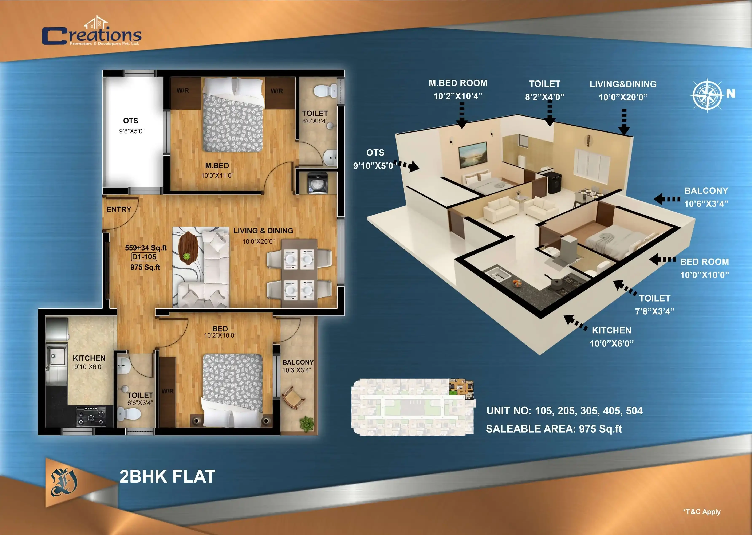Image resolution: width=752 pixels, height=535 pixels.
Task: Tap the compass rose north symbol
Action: point(707,95)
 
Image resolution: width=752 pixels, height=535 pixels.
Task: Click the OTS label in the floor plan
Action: point(131,121)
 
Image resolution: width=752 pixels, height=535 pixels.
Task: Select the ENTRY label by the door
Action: point(119,209)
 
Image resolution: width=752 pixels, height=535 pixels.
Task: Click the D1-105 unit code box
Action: point(144,257)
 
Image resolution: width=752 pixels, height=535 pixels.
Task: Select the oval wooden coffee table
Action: point(188,248)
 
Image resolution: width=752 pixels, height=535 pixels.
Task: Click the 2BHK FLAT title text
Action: point(167,476)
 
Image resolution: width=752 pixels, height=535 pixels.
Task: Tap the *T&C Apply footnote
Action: point(702,512)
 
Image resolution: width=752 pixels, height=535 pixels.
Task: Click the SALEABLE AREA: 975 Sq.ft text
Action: point(554,429)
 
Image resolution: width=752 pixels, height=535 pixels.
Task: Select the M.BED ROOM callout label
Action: point(458,83)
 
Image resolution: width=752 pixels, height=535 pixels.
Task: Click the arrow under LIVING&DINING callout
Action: point(623,122)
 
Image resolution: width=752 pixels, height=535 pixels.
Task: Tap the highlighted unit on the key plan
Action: point(461,387)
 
